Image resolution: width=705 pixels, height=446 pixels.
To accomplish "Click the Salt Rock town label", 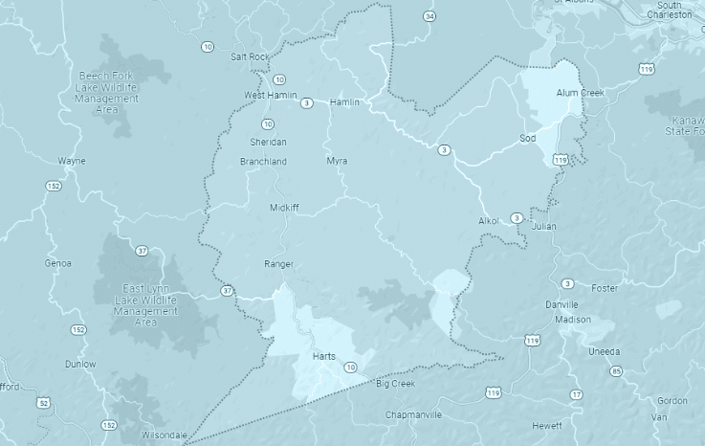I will point(250,56).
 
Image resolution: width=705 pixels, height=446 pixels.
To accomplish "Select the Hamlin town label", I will point(342,102).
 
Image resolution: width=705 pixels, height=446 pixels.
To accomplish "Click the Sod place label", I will point(527,138).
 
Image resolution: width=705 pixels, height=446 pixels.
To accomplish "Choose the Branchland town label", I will point(263,162).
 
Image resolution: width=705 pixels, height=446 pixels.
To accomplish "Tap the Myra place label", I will point(337,161).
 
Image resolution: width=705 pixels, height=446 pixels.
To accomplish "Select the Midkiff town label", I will point(285,207).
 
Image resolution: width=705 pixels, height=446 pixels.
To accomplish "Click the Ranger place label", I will point(278,263).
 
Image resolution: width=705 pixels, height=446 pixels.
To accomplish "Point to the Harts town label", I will point(323,357).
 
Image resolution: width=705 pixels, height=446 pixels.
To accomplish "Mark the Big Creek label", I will point(395,384).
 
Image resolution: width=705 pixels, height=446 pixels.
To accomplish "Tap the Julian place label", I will point(542,227).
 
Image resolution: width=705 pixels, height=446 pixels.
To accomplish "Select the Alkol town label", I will point(489,221).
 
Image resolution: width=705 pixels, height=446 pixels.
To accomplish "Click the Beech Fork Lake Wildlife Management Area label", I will point(107,91).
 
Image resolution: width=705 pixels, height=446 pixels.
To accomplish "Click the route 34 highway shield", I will point(430,17).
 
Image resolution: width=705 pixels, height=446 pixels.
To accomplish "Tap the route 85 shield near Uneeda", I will point(616,371).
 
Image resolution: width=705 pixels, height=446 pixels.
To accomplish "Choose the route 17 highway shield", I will point(576,394).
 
